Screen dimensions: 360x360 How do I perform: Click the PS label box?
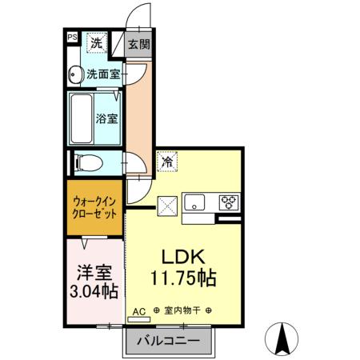[71, 37]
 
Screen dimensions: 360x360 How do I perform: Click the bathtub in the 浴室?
[81, 118]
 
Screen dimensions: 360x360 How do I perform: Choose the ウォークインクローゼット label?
[94, 208]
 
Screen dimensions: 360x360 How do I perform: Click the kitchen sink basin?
[195, 202]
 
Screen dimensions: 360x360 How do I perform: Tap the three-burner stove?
[227, 202]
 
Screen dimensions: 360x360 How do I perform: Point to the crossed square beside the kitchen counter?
[167, 205]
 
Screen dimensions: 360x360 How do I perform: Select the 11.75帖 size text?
[185, 281]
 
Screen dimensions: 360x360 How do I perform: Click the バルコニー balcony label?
[170, 339]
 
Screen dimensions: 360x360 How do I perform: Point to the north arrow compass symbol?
[282, 338]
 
